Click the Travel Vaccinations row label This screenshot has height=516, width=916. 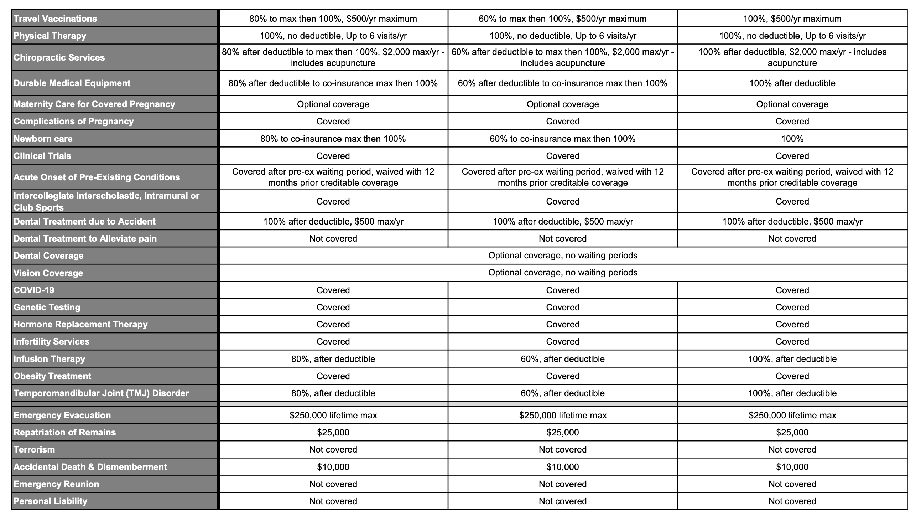55,19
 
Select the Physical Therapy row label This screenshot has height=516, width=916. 50,36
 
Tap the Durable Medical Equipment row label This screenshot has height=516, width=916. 72,83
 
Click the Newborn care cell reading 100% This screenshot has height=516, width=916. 792,139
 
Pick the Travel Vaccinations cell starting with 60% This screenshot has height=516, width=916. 562,19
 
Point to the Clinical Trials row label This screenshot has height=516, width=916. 42,156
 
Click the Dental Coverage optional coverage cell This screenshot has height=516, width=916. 562,256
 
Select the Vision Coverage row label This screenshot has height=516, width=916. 48,273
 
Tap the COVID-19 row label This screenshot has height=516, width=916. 34,290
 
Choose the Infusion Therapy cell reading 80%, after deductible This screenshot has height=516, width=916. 333,359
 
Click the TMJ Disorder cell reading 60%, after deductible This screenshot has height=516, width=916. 562,393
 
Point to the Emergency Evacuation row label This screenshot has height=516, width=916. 62,415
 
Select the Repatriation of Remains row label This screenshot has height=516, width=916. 64,432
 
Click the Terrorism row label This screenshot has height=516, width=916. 34,449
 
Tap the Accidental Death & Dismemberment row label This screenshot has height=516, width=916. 90,467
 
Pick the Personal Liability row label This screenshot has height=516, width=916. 50,501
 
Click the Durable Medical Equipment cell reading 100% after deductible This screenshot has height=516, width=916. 792,83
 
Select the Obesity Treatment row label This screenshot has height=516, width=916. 52,376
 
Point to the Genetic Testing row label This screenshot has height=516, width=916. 47,307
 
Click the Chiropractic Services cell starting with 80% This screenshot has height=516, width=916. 333,57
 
